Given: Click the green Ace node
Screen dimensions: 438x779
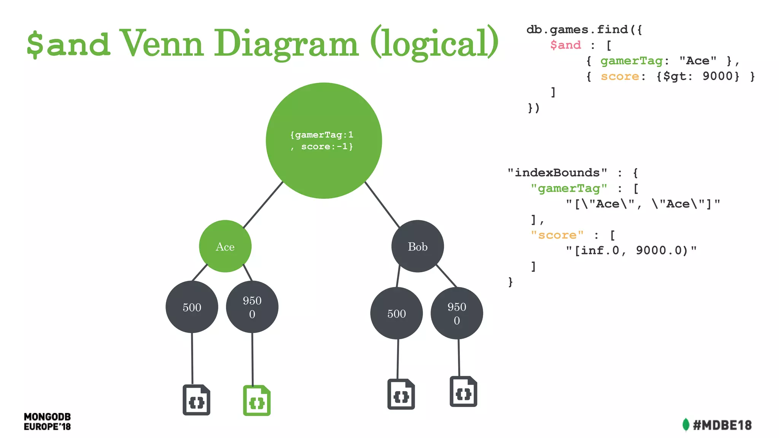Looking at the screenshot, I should [225, 246].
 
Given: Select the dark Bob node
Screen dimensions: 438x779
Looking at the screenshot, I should [417, 246].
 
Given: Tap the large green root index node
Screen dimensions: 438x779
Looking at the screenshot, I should [324, 141].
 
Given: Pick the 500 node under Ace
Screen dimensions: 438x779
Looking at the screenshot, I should [192, 307].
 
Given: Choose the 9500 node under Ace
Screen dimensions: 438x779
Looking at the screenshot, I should [252, 307].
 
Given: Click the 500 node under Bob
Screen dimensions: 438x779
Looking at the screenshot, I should [396, 313].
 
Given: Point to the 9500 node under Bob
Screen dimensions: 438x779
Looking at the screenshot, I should [456, 313].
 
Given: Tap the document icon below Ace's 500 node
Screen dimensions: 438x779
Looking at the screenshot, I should [196, 400].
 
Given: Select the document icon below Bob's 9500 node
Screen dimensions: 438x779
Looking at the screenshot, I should [463, 392].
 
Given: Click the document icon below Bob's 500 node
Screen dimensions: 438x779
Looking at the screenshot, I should [401, 394].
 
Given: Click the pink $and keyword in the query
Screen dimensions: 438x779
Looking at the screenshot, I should [566, 45].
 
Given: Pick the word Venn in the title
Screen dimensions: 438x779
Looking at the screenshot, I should [161, 43].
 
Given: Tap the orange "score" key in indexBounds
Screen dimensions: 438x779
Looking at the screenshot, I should [557, 235].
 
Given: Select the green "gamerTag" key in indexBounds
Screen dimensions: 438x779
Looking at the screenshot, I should [569, 188].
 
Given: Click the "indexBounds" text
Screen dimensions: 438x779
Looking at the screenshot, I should [557, 173].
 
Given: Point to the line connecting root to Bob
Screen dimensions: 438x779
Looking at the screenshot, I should [382, 205].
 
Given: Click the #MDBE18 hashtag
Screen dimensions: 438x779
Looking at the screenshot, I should [722, 425].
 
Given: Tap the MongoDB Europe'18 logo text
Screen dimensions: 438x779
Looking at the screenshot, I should [47, 422].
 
